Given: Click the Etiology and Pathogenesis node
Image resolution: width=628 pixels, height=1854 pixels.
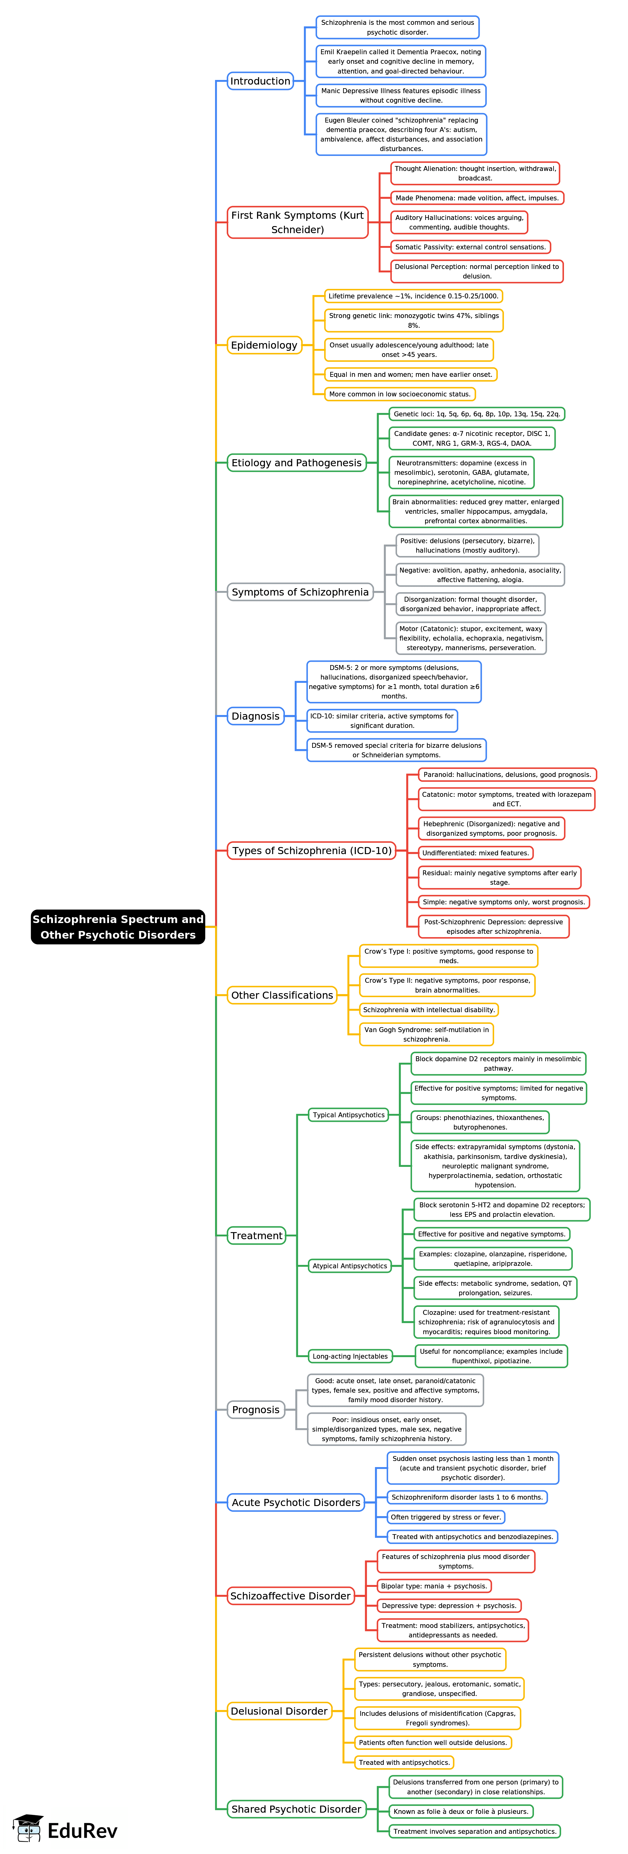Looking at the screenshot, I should coord(296,463).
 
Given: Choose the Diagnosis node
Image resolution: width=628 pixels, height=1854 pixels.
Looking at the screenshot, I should coord(255,716).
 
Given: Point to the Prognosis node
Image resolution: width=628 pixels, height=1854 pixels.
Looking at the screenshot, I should coord(255,1410).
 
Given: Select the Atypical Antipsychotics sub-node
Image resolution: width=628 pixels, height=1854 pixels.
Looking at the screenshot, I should coord(350,1266).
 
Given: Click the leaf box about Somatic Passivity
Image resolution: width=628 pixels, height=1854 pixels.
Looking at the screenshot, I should coord(471,247).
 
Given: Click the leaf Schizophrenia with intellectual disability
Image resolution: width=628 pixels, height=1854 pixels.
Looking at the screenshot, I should coord(429,1010).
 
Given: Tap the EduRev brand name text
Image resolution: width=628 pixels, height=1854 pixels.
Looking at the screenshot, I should coord(82,1830).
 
